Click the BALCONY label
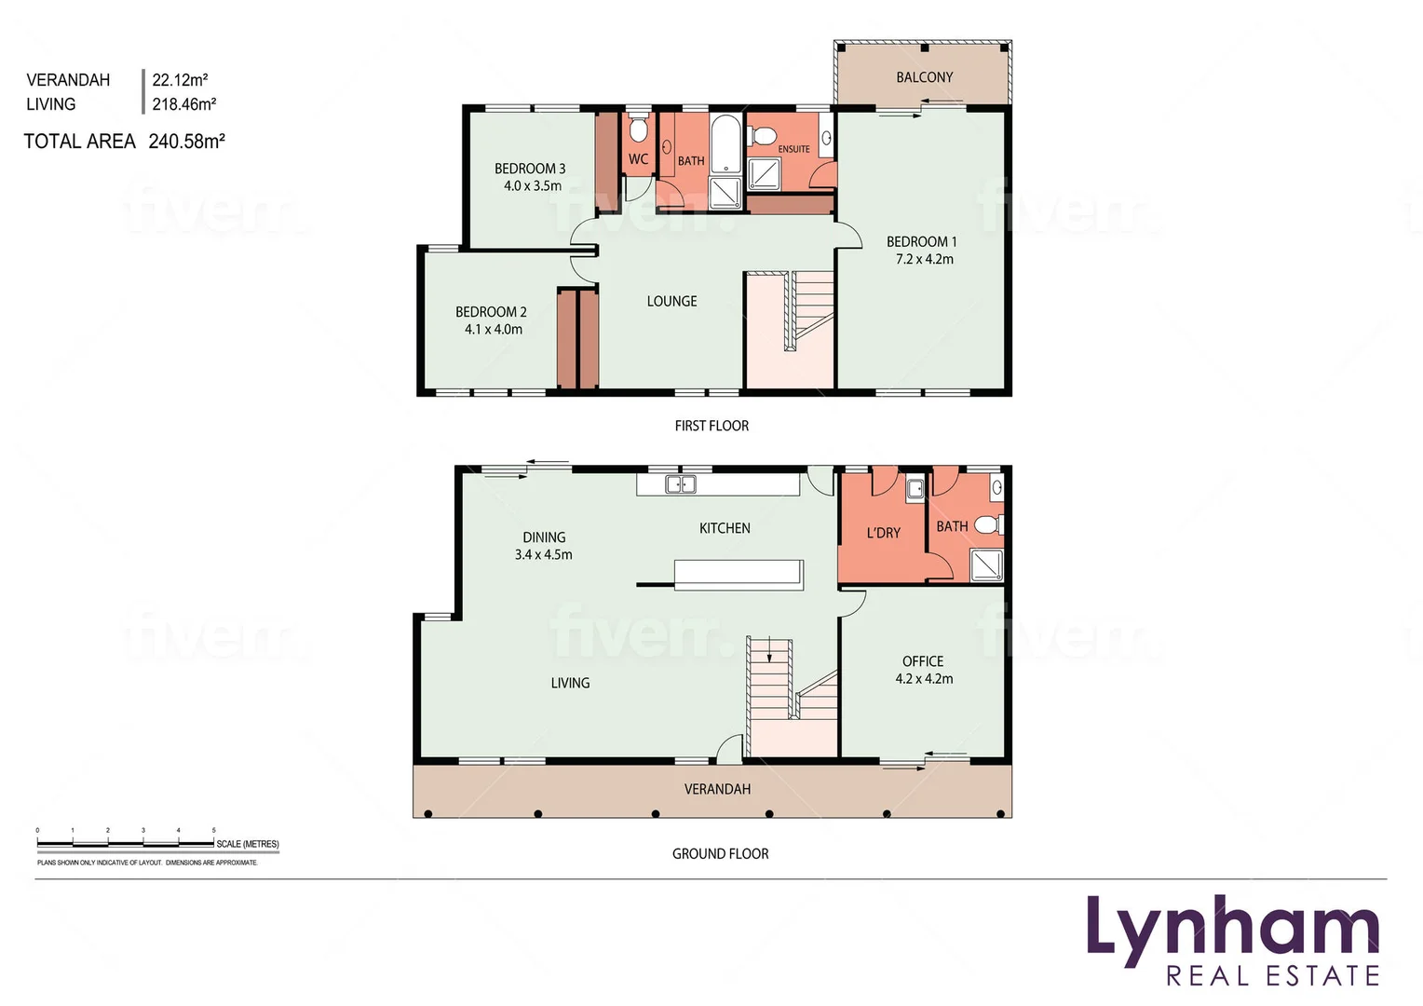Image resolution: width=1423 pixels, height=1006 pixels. coord(924,77)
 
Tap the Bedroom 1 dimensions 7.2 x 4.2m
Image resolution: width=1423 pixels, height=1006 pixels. coord(924,259)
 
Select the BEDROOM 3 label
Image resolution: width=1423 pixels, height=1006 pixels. coord(530,169)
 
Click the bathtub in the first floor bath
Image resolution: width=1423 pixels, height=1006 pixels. coord(725,144)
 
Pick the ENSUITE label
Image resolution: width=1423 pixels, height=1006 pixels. coord(793,149)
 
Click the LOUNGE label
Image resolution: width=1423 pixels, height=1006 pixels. coord(671,301)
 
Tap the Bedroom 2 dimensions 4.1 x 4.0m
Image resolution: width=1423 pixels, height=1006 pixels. coord(493,329)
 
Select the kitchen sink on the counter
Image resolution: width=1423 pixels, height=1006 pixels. coord(681,484)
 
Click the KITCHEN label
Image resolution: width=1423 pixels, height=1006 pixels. coord(725,528)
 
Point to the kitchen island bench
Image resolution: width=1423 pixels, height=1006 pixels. coord(739,574)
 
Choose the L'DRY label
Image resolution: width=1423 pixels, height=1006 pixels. coord(883,533)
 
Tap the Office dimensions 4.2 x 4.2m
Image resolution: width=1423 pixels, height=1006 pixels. coord(924,679)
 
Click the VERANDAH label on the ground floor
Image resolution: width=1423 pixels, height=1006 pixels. coord(717,789)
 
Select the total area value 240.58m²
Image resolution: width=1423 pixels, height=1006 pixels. coord(186,142)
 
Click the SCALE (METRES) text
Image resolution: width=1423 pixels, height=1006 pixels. coord(247,844)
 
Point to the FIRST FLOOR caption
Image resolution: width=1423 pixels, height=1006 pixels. coord(711,426)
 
